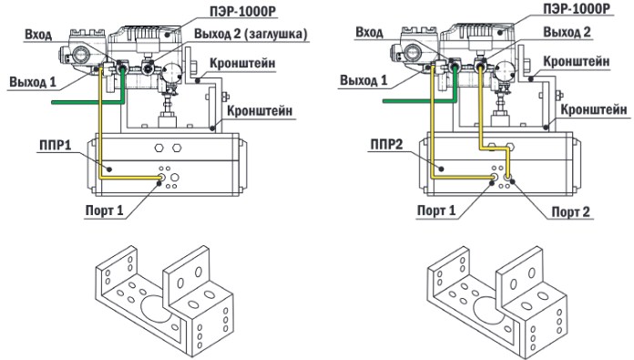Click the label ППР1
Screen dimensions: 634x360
coord(55,145)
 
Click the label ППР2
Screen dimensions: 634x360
coord(386,144)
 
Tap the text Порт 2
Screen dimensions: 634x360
coord(570,211)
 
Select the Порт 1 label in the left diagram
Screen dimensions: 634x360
coord(105,211)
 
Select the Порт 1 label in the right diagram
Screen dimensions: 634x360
coord(435,211)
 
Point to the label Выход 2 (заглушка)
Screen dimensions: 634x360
coord(251,34)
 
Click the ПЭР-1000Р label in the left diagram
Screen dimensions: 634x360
coord(242,11)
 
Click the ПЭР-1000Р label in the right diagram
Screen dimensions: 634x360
coord(577,8)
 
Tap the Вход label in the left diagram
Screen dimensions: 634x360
coord(38,35)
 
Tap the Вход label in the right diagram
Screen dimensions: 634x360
coord(369,33)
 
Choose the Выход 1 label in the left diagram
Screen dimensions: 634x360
coord(33,82)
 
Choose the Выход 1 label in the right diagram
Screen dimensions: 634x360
coord(363,80)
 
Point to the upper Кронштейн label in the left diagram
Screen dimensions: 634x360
coord(242,63)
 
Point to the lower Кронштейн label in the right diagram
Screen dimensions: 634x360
coord(594,109)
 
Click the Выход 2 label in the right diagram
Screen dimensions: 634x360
coord(567,32)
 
